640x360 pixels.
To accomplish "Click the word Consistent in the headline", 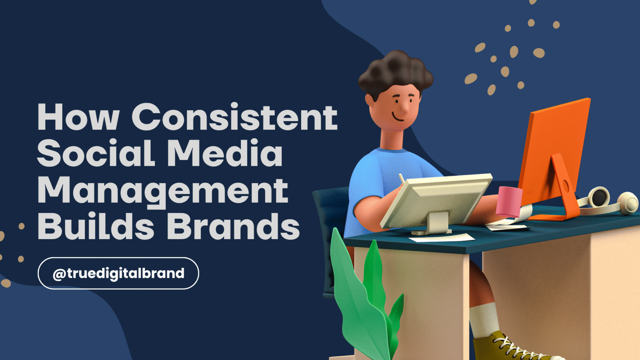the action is coord(234,116).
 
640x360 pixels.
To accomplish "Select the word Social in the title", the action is coord(96,152).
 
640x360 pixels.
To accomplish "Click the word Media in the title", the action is coord(225,152).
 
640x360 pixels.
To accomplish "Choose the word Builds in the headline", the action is coord(96,226).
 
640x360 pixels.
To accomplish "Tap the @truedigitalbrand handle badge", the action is coord(118,274).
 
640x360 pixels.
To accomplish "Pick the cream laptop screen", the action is coord(436,202).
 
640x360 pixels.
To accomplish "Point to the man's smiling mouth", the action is coord(398,117).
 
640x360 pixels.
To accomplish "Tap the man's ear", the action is coord(370,100).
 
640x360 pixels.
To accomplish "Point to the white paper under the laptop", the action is coord(442,238).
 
